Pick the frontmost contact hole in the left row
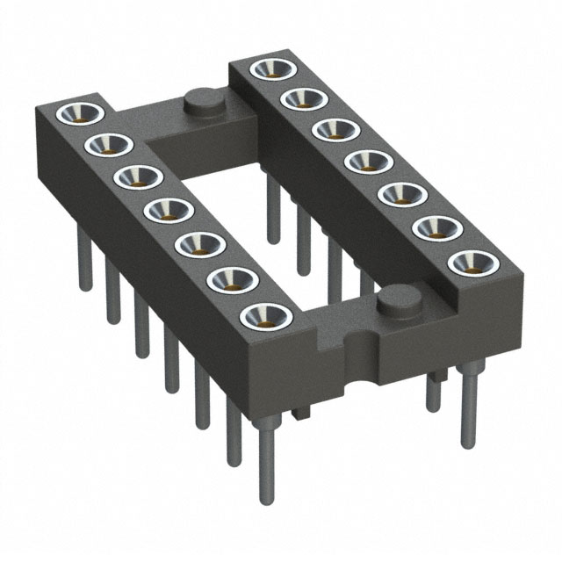point(263,314)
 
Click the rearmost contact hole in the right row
point(270,69)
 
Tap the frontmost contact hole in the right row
point(468,261)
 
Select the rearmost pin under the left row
point(86,263)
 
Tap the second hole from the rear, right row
point(303,99)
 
